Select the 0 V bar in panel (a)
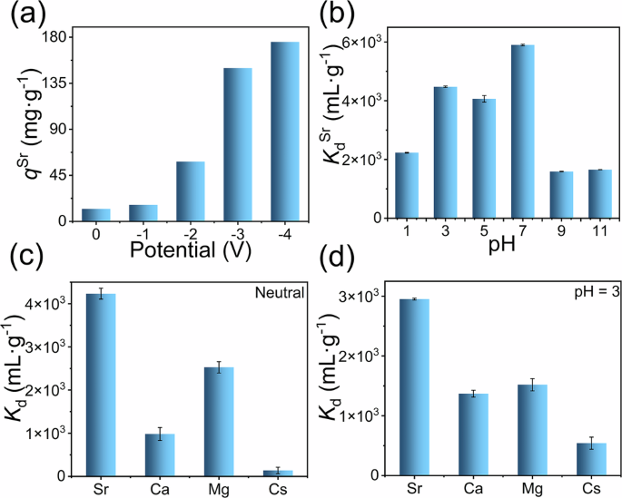pyautogui.click(x=96, y=215)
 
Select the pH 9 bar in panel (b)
pyautogui.click(x=562, y=194)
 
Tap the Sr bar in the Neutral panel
pyautogui.click(x=101, y=385)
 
